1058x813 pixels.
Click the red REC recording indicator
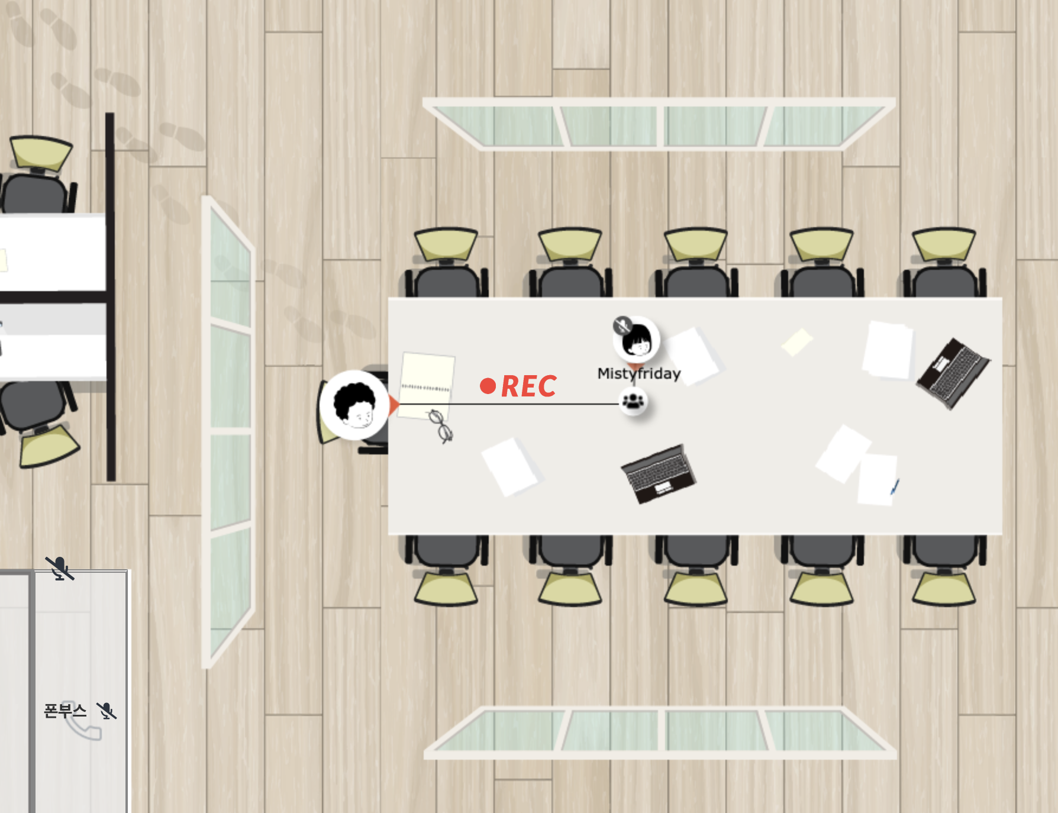pyautogui.click(x=519, y=386)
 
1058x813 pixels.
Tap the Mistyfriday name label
pyautogui.click(x=638, y=373)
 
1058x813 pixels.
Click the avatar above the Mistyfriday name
pyautogui.click(x=637, y=340)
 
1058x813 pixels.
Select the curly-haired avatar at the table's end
pyautogui.click(x=354, y=405)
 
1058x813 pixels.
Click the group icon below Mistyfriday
pyautogui.click(x=633, y=402)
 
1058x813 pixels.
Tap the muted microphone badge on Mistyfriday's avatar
pyautogui.click(x=622, y=325)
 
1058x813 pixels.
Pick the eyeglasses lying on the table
pyautogui.click(x=441, y=425)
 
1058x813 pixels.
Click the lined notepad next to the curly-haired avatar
pyautogui.click(x=427, y=385)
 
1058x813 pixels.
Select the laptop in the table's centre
pyautogui.click(x=659, y=474)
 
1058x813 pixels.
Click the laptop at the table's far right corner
pyautogui.click(x=953, y=372)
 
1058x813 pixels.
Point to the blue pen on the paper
pyautogui.click(x=895, y=487)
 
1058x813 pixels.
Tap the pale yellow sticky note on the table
pyautogui.click(x=797, y=342)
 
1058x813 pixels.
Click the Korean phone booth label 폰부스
pyautogui.click(x=65, y=710)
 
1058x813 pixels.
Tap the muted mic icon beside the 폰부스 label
pyautogui.click(x=107, y=711)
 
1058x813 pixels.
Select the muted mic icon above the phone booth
pyautogui.click(x=60, y=569)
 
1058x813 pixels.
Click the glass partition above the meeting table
pyautogui.click(x=658, y=125)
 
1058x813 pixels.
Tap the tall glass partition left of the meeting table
pyautogui.click(x=230, y=432)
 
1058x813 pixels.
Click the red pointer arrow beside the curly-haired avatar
pyautogui.click(x=394, y=405)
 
